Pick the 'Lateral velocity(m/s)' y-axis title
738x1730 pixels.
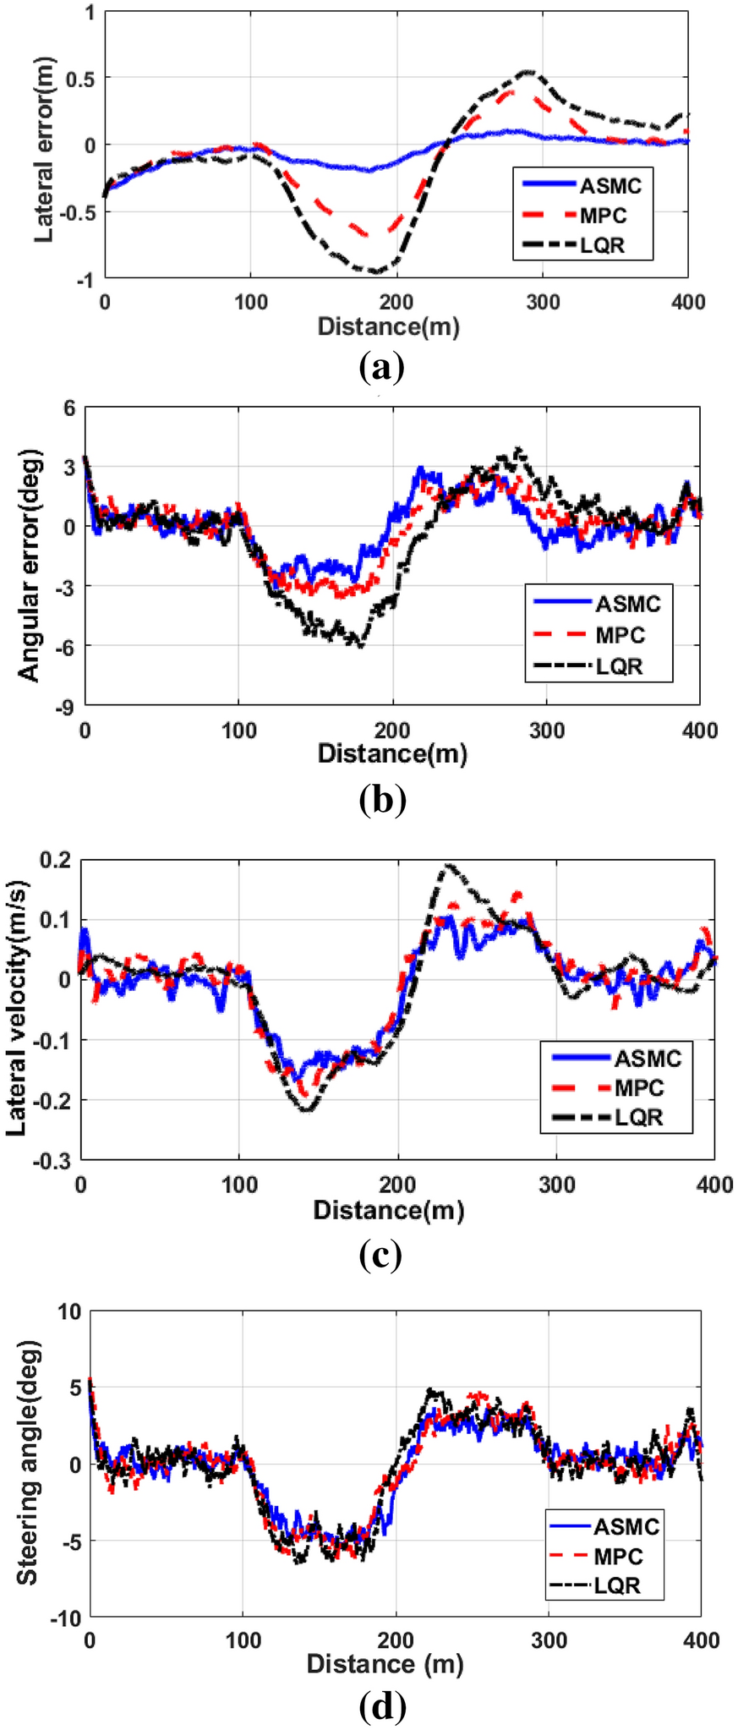tap(17, 1009)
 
